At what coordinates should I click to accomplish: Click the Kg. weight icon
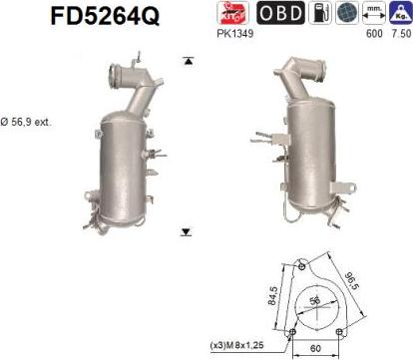click(x=399, y=13)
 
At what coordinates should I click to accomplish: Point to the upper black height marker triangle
click(x=186, y=62)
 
